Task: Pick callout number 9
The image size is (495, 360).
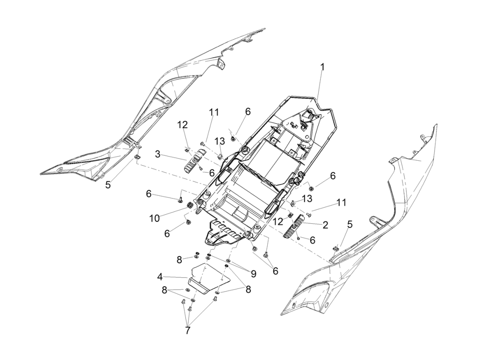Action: [253, 273]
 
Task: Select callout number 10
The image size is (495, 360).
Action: [154, 218]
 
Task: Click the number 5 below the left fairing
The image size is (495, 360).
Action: [108, 185]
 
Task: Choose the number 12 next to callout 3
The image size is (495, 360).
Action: [182, 124]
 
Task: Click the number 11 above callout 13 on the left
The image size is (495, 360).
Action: [214, 112]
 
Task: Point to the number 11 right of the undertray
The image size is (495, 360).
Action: [342, 202]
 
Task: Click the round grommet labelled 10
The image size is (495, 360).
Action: [189, 206]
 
